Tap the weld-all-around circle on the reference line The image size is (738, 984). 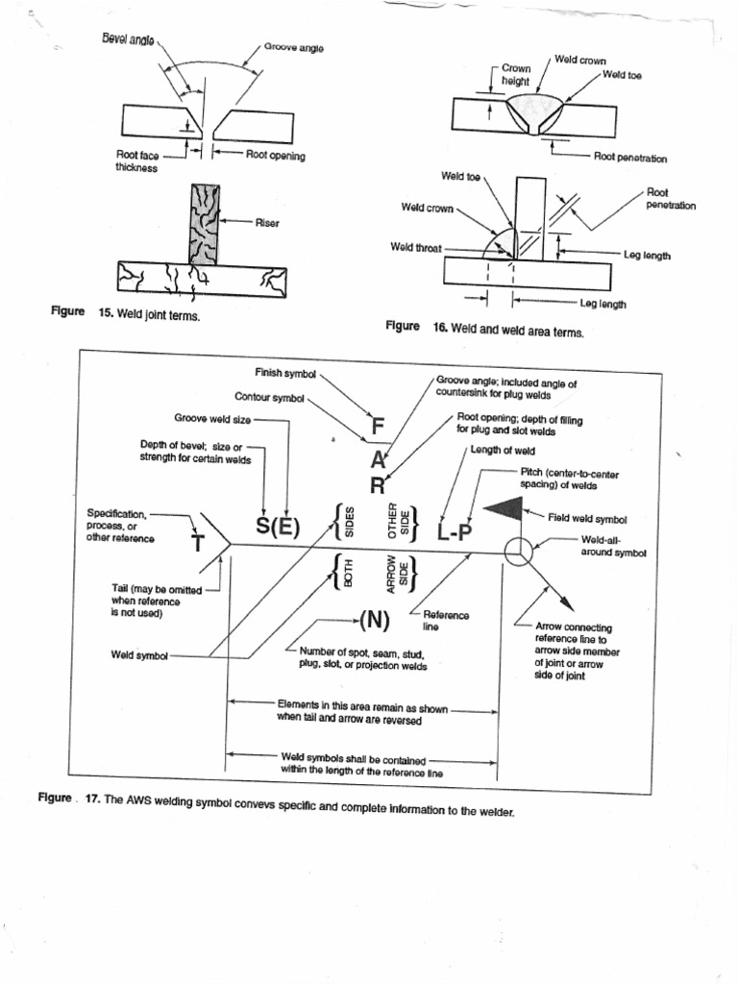[518, 552]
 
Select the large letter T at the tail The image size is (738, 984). [198, 544]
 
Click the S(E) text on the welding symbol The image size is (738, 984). [278, 528]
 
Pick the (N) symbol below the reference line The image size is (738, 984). [374, 619]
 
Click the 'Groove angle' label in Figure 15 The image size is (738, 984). [293, 47]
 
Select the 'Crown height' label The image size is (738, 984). [515, 76]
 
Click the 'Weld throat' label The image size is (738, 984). [415, 247]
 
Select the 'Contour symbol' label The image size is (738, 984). [269, 396]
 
